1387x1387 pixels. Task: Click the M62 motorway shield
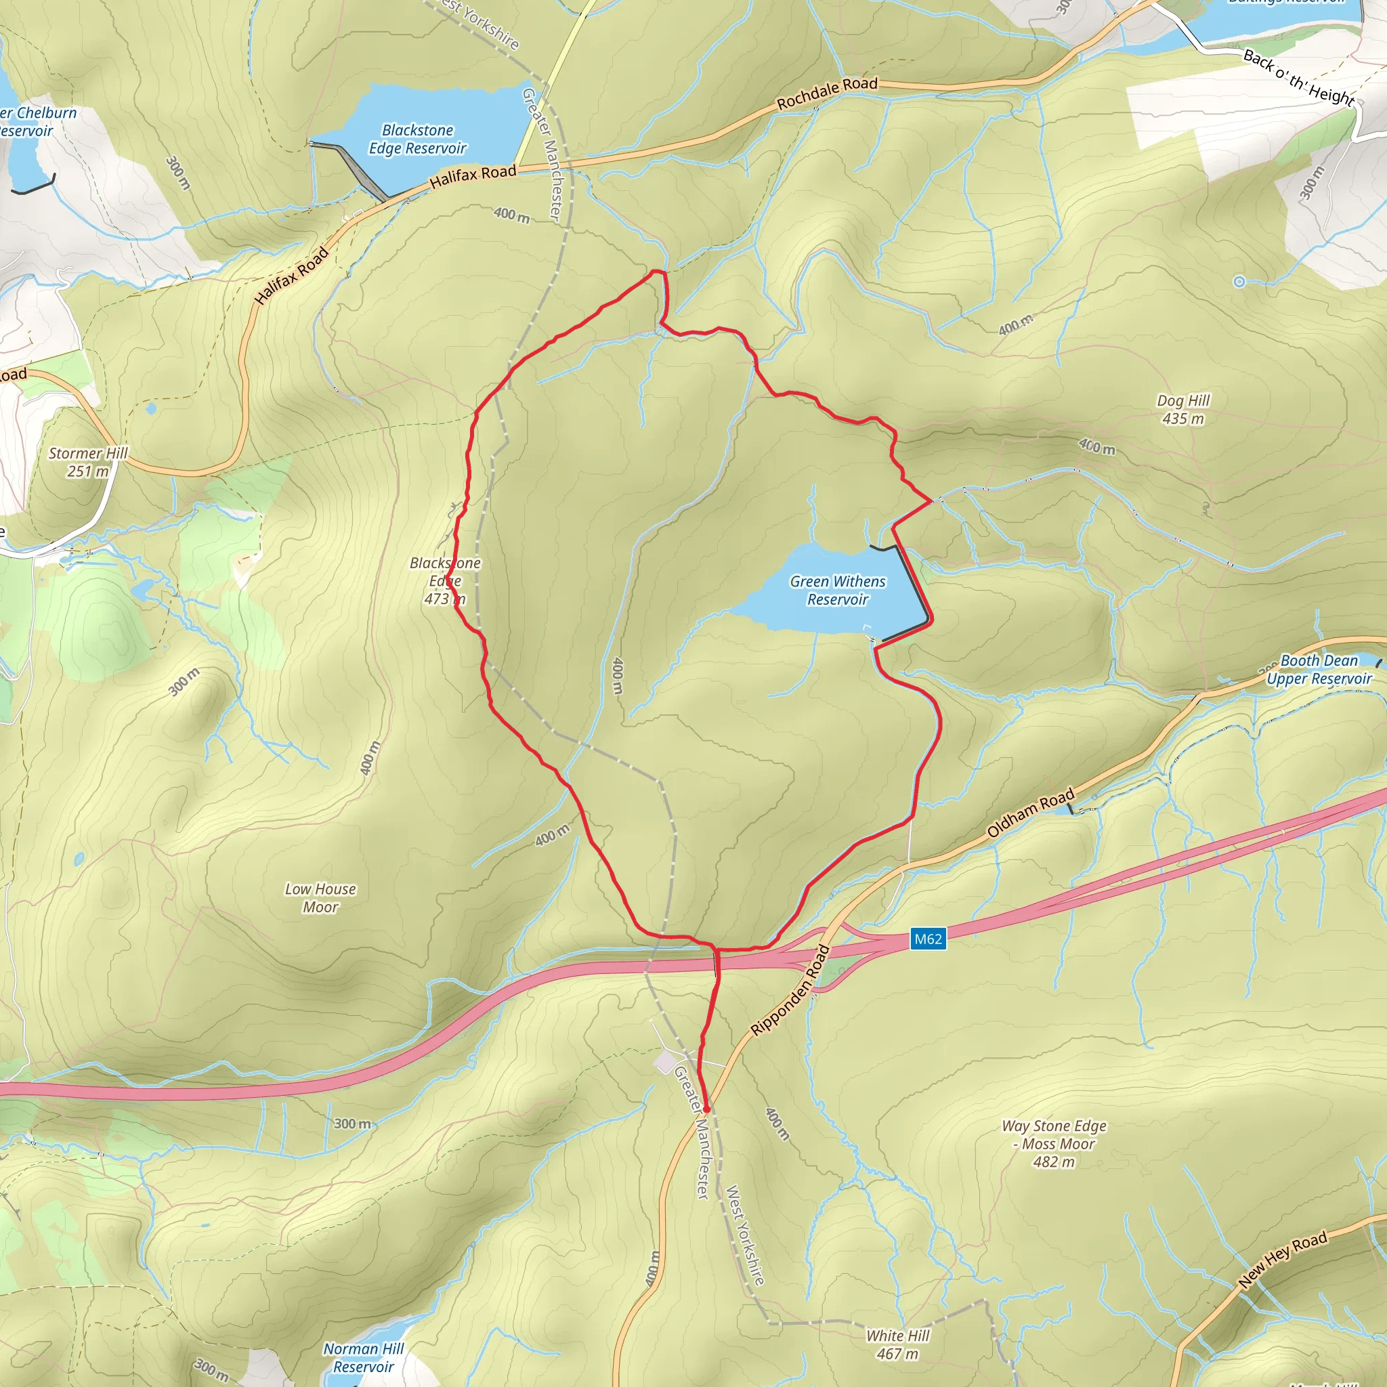[928, 939]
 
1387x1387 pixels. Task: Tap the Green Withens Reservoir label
[838, 590]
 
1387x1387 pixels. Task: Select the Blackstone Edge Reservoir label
[417, 140]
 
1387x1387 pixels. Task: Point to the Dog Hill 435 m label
[1183, 409]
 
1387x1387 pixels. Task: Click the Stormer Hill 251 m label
[87, 462]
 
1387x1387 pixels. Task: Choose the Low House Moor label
[320, 897]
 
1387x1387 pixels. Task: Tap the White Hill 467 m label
[897, 1344]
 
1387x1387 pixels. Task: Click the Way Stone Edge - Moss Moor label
[1054, 1144]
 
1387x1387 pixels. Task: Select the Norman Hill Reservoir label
[363, 1358]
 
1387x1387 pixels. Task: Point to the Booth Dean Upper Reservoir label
[1319, 669]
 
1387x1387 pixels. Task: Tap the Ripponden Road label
[790, 991]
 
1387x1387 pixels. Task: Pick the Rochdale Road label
[827, 93]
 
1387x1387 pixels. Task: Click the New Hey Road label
[1283, 1260]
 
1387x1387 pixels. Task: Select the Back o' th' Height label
[1299, 77]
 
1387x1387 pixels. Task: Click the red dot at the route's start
[706, 1109]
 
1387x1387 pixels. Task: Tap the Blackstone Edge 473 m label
[445, 581]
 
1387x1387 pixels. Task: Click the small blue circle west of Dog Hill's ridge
[1239, 282]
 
